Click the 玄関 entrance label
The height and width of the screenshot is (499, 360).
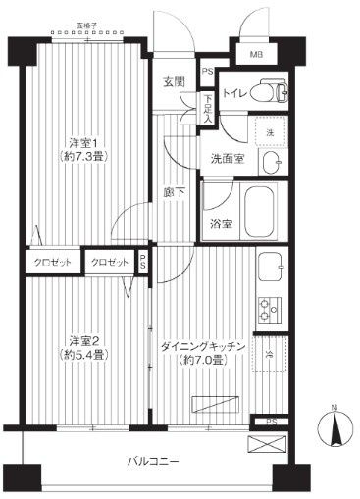(175, 82)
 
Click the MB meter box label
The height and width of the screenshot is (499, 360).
(256, 54)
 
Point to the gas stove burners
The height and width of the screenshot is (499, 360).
(267, 311)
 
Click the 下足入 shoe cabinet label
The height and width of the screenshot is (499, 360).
(208, 101)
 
